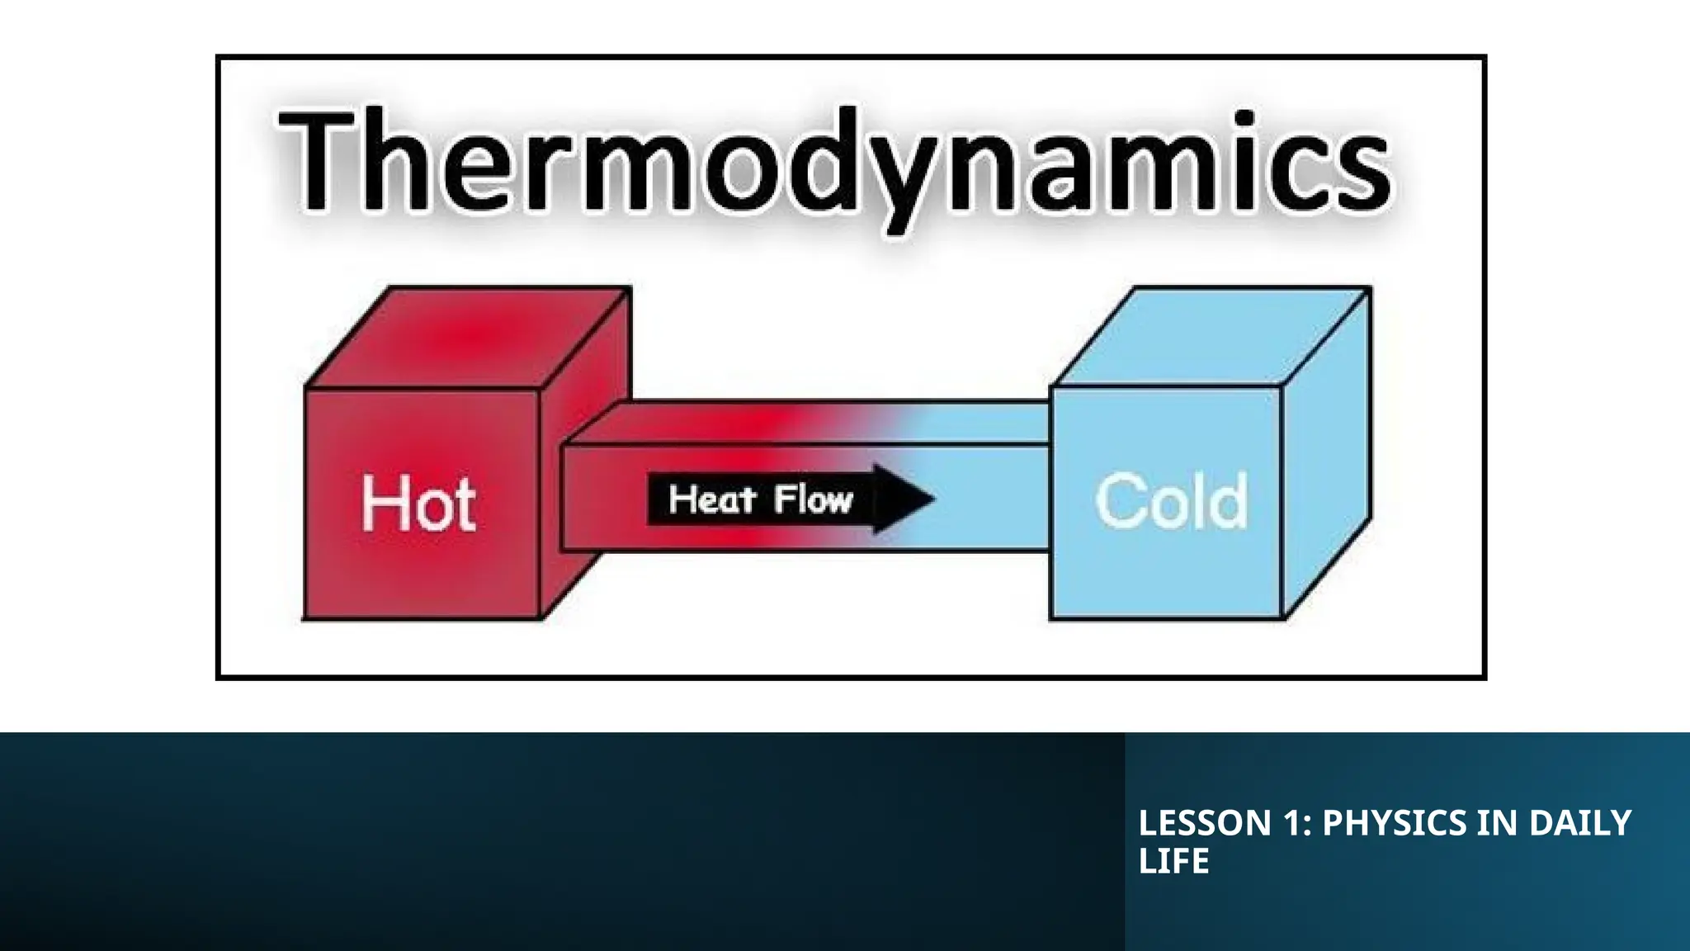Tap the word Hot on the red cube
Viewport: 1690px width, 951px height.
(x=418, y=503)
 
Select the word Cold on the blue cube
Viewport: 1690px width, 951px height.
(x=1171, y=500)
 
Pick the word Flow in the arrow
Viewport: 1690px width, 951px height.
(x=813, y=499)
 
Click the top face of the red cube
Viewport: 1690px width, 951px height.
(x=469, y=337)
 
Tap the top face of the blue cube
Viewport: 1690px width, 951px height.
(x=1211, y=337)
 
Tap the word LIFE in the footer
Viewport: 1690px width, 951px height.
(x=1173, y=860)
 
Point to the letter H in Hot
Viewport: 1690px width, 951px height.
(x=379, y=503)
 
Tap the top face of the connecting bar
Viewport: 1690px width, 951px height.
(x=809, y=423)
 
